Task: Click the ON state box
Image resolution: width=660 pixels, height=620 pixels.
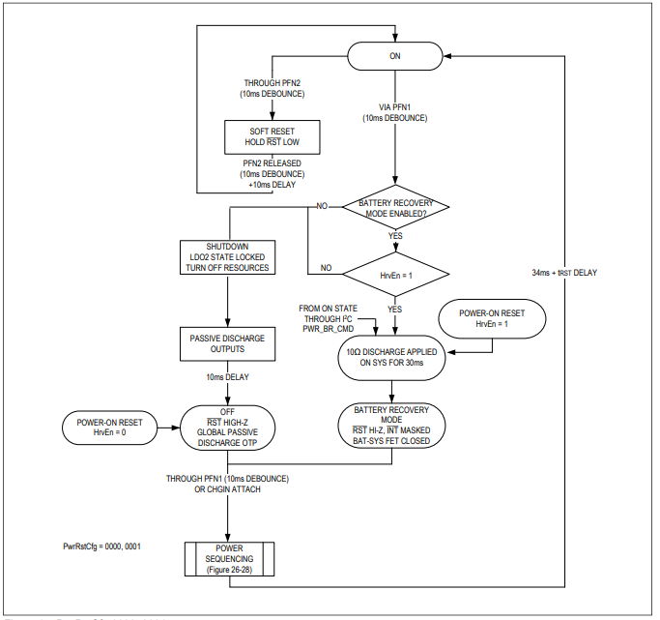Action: (x=394, y=55)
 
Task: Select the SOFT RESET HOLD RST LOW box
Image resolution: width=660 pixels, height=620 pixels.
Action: (x=258, y=134)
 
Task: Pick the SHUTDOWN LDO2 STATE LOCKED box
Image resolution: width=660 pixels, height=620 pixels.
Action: (x=228, y=256)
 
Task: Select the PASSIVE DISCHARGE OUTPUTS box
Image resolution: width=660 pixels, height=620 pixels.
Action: (x=228, y=343)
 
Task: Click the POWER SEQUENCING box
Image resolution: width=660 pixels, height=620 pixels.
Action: (x=228, y=559)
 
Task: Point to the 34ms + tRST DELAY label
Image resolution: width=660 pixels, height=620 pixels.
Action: (x=564, y=273)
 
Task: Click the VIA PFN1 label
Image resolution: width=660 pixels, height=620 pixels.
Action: (x=394, y=107)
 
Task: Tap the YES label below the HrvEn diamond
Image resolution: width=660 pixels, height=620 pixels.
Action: (x=394, y=310)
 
